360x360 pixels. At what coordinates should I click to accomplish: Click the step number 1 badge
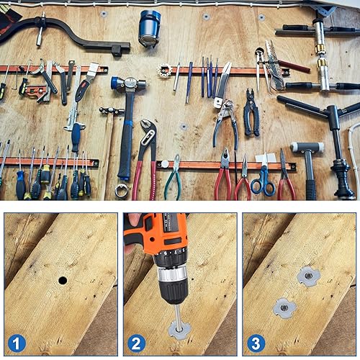pos(15,342)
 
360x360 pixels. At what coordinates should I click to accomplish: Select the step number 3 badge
pos(254,342)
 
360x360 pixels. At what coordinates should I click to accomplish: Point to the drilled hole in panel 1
pos(62,279)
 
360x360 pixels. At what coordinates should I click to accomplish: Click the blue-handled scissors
pos(263,180)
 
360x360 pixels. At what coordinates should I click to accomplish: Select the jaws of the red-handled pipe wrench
pos(148,133)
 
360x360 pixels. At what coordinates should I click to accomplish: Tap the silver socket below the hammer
pos(122,191)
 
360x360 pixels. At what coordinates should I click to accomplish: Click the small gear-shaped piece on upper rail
pos(164,71)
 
